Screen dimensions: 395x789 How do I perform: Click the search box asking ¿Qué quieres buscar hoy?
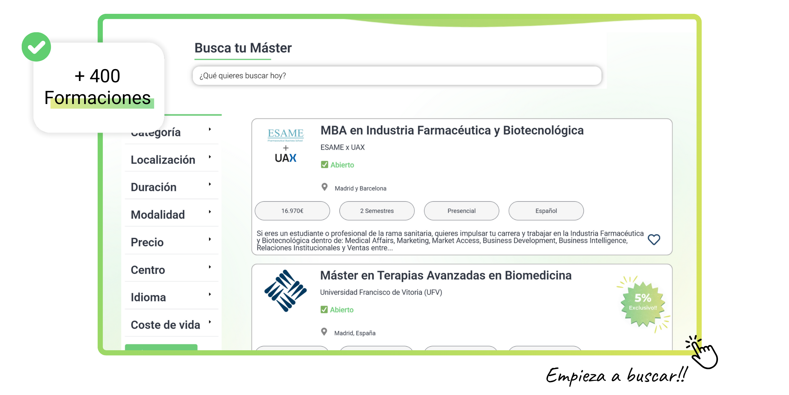pyautogui.click(x=397, y=76)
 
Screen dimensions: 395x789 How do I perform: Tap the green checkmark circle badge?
pyautogui.click(x=36, y=47)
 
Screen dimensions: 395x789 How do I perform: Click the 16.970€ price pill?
pyautogui.click(x=292, y=211)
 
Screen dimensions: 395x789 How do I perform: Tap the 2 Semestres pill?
pyautogui.click(x=377, y=211)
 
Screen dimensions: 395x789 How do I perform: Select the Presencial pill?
pyautogui.click(x=461, y=211)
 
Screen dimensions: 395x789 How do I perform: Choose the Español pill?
pyautogui.click(x=546, y=211)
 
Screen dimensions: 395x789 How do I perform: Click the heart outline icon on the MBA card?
pyautogui.click(x=654, y=240)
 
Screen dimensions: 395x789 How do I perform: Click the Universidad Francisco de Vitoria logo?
pyautogui.click(x=285, y=290)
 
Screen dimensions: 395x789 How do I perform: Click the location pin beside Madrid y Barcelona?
pyautogui.click(x=324, y=187)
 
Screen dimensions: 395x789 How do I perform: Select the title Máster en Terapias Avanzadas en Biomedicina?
pyautogui.click(x=446, y=276)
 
